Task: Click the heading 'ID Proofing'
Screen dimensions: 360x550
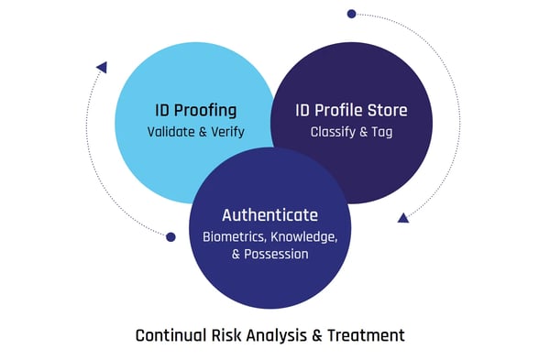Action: point(195,110)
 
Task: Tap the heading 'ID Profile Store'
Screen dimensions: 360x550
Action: point(351,110)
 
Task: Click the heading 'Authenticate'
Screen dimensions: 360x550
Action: point(269,215)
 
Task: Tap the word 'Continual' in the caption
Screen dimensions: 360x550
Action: point(169,335)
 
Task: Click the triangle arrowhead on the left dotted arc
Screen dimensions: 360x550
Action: point(102,67)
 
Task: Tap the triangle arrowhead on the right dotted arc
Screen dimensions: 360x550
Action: point(402,217)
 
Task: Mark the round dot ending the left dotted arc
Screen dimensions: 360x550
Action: point(170,236)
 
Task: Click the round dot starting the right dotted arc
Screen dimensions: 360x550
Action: point(351,14)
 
